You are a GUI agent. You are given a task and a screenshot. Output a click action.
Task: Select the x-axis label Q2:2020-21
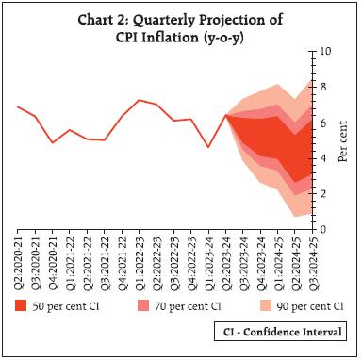[x=21, y=261]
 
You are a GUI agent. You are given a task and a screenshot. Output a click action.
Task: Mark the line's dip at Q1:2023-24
[x=207, y=147]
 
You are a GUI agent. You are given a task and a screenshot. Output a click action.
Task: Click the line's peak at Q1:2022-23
[x=140, y=100]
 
